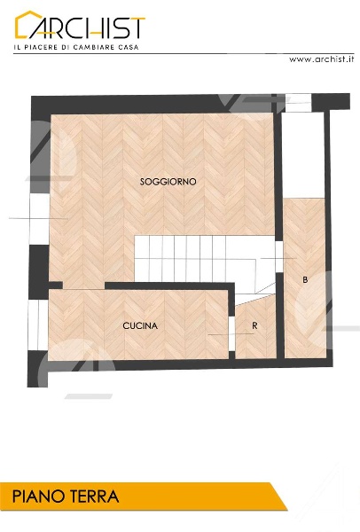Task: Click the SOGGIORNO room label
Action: point(168,182)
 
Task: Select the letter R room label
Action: point(254,325)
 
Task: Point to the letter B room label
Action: point(305,280)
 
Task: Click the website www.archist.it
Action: point(321,59)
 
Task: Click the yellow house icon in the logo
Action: point(28,24)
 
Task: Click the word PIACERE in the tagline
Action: point(41,47)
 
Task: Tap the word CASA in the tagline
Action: point(129,47)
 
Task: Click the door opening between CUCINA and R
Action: point(231,334)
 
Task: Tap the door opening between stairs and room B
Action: point(279,257)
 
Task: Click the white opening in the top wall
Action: point(298,103)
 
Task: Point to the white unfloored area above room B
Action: point(303,154)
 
